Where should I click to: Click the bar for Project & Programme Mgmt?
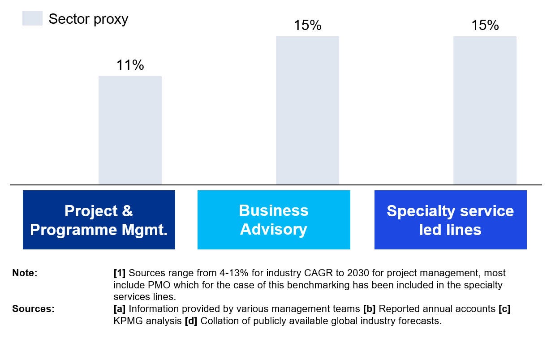pyautogui.click(x=130, y=130)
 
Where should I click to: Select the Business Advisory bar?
pyautogui.click(x=307, y=110)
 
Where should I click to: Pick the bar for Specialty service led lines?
pyautogui.click(x=485, y=110)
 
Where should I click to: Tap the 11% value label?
pyautogui.click(x=130, y=65)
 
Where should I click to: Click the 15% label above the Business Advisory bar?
pyautogui.click(x=307, y=26)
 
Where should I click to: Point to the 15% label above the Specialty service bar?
pyautogui.click(x=485, y=26)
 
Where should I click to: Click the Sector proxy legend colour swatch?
pyautogui.click(x=32, y=19)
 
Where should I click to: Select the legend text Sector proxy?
pyautogui.click(x=88, y=19)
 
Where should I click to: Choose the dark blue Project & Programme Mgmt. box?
pyautogui.click(x=99, y=220)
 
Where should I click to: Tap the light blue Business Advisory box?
pyautogui.click(x=274, y=220)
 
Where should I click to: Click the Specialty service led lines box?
pyautogui.click(x=450, y=220)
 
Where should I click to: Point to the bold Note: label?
pyautogui.click(x=25, y=273)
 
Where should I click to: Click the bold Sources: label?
pyautogui.click(x=33, y=309)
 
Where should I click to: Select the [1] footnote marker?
pyautogui.click(x=120, y=273)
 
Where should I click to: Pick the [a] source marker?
pyautogui.click(x=120, y=309)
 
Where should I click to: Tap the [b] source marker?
pyautogui.click(x=369, y=309)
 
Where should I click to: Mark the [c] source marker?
pyautogui.click(x=504, y=309)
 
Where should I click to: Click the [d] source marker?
pyautogui.click(x=191, y=321)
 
